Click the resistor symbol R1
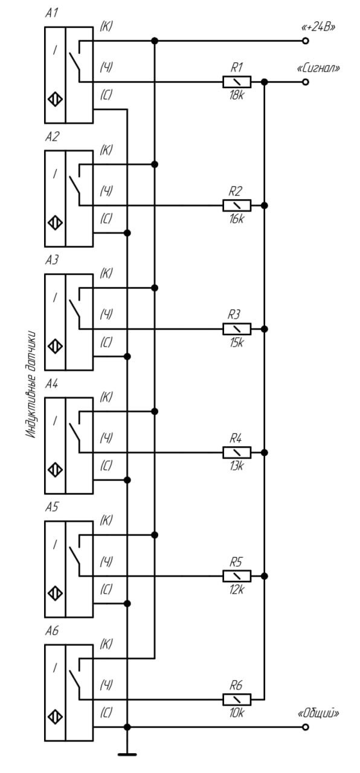[237, 82]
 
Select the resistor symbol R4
[237, 452]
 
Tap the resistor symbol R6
[237, 699]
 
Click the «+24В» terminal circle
[305, 41]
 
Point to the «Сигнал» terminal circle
[305, 82]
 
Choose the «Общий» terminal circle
[305, 727]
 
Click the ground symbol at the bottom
[127, 754]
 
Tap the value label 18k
[236, 95]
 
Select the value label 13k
[236, 466]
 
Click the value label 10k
[236, 713]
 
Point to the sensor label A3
[52, 260]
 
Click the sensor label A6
[52, 630]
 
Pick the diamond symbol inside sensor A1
[55, 100]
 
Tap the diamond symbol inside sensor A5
[55, 594]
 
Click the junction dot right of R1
[265, 82]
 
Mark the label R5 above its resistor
[236, 562]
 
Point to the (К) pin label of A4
[106, 397]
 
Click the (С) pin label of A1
[106, 95]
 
